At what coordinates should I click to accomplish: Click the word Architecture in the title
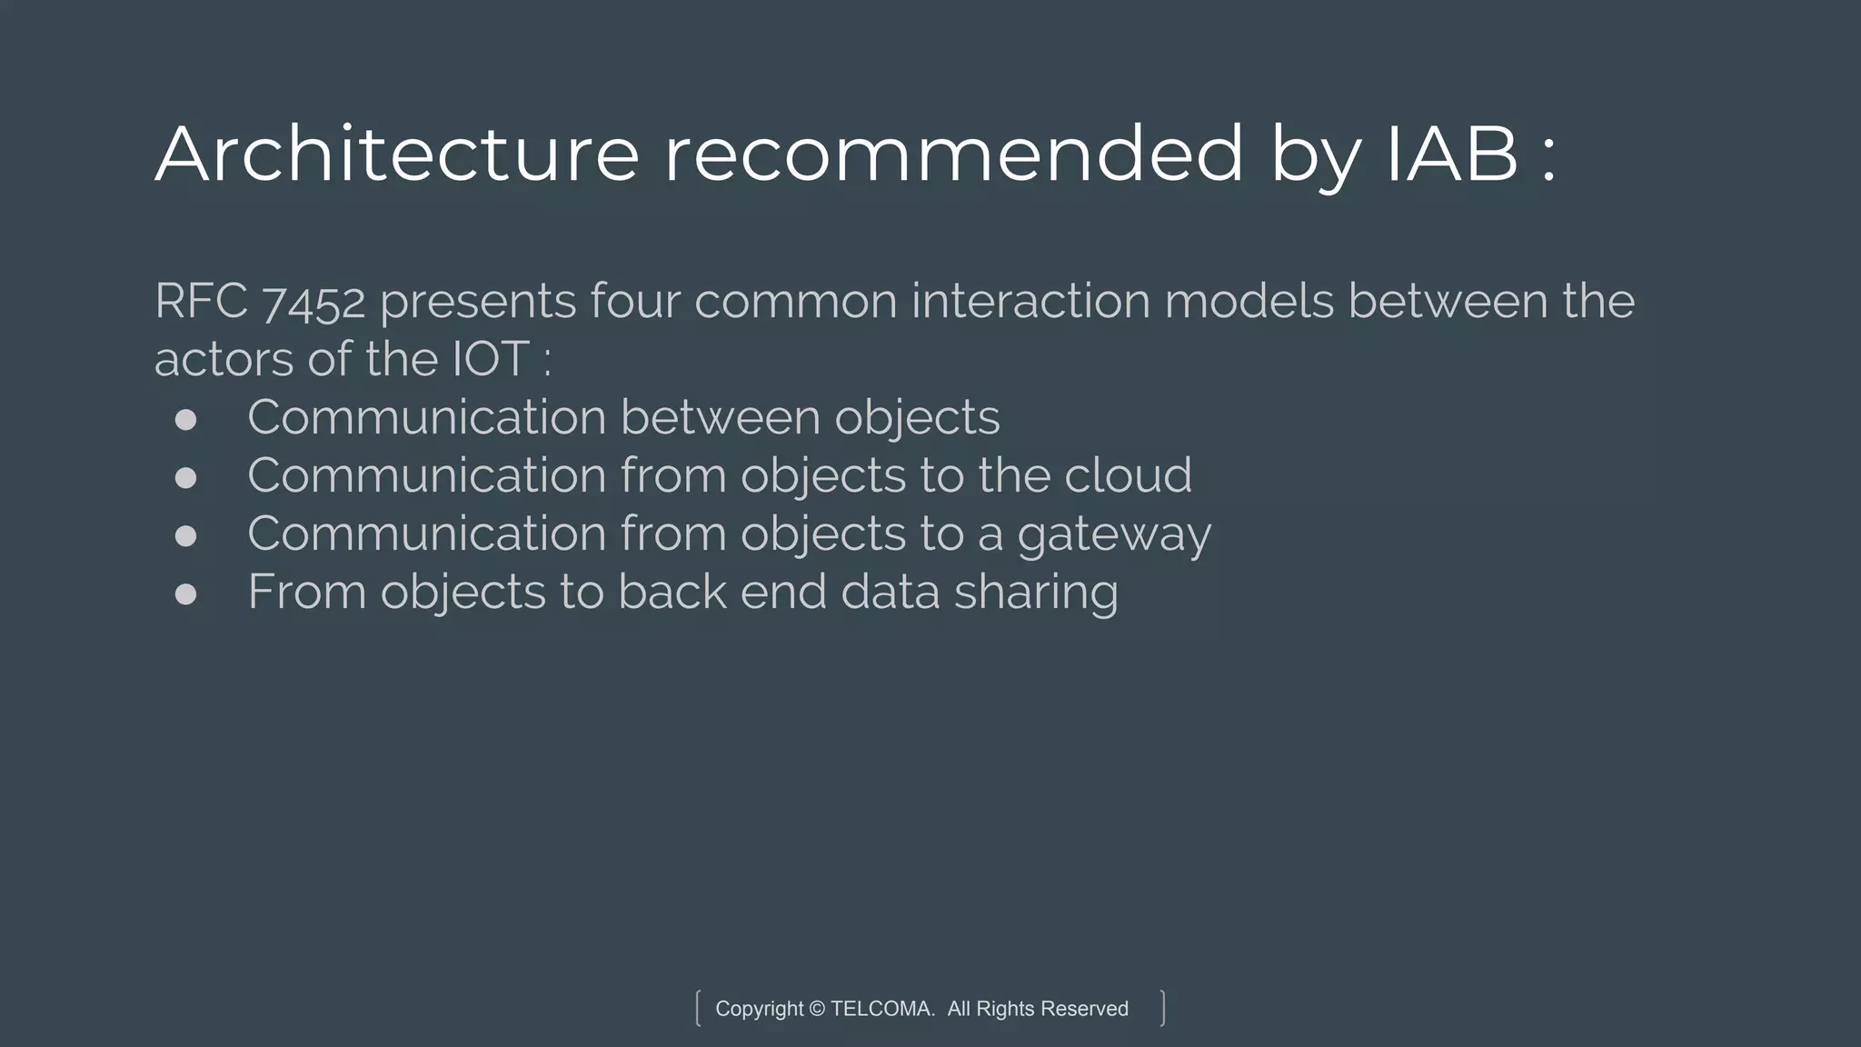(x=397, y=155)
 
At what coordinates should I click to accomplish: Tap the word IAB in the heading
(x=1451, y=155)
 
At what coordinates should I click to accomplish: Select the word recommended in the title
(x=952, y=155)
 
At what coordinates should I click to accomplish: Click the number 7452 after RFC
(x=314, y=303)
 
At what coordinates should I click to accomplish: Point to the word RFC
(x=201, y=301)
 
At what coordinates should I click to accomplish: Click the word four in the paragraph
(x=635, y=301)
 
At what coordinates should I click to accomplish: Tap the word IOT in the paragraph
(x=491, y=359)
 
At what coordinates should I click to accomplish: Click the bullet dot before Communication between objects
(x=185, y=419)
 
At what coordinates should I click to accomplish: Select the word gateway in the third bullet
(x=1114, y=535)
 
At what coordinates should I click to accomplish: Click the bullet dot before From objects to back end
(x=185, y=593)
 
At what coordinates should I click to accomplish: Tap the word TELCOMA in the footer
(x=881, y=1009)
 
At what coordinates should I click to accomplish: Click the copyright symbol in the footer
(x=817, y=1009)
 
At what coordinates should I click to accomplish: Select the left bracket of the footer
(x=698, y=1009)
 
